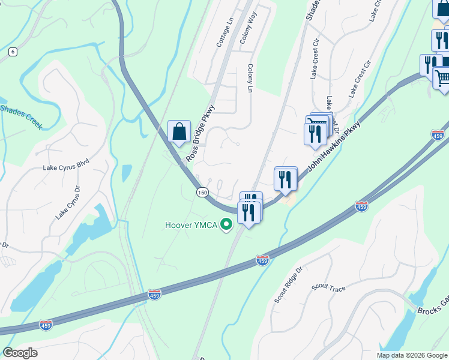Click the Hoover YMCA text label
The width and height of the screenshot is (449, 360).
[191, 226]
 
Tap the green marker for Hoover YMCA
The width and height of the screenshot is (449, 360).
[226, 226]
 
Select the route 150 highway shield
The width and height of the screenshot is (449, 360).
[202, 191]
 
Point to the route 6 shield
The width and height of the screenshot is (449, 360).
[13, 52]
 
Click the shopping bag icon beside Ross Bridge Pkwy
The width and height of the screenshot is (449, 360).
[179, 132]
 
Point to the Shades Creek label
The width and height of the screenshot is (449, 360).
[21, 116]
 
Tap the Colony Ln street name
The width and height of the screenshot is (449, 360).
[250, 79]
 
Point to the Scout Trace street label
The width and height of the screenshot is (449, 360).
[328, 289]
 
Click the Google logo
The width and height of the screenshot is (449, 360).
[20, 353]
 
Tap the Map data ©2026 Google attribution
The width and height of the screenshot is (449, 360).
[412, 355]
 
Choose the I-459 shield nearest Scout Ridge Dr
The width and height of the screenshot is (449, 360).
[262, 260]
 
